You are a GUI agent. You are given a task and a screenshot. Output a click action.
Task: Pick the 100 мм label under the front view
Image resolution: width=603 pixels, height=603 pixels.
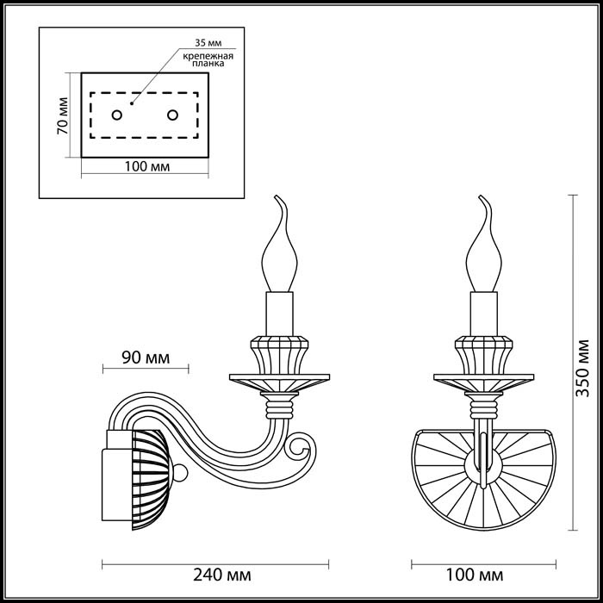tap(476, 574)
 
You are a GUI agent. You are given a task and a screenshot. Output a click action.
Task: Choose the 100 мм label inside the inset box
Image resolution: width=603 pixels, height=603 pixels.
tap(144, 166)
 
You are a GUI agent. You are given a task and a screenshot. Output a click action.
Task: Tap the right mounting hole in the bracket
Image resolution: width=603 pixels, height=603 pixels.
tap(172, 115)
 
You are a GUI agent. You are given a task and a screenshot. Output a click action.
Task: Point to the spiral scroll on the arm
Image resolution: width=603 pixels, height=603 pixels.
tap(301, 447)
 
